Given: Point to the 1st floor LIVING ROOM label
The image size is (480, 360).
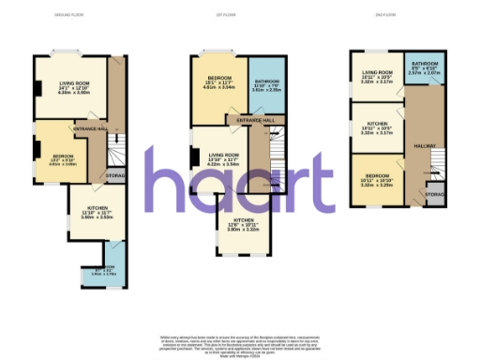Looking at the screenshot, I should [223, 157].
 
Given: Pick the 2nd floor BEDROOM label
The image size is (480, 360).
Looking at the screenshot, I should [376, 178].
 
